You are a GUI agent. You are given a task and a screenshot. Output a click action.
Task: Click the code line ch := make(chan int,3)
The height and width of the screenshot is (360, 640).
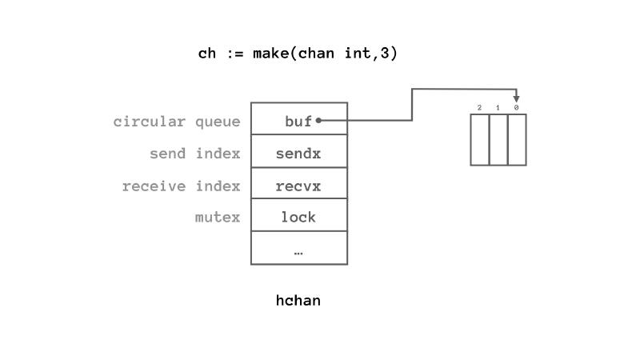pos(298,54)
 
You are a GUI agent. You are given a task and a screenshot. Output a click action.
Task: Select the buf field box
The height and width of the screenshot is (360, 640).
pos(298,121)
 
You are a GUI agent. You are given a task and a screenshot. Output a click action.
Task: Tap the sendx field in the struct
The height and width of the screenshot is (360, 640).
pos(298,153)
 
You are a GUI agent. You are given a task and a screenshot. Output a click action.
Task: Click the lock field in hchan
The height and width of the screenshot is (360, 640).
pos(298,217)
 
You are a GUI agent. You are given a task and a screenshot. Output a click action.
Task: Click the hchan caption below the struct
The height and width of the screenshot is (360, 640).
pos(298,301)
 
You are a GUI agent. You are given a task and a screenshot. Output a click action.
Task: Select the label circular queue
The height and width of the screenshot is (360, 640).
pos(176,122)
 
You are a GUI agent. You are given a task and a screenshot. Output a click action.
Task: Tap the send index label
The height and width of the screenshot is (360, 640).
pos(194,154)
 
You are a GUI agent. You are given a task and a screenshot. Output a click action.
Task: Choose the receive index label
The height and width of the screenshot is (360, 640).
pos(181,186)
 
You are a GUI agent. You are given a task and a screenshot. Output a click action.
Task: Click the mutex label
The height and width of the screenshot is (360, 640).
pos(217,217)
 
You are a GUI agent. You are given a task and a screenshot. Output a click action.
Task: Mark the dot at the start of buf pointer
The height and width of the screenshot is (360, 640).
pos(318,121)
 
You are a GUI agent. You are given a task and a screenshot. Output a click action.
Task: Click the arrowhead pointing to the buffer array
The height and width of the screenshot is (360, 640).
pos(516,98)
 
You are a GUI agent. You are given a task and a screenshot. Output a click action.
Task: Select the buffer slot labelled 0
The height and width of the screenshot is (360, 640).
pos(517,140)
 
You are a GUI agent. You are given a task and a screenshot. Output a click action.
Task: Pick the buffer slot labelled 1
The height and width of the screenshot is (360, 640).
pos(498,140)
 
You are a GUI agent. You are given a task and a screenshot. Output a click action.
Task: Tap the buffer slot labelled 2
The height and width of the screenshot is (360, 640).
pos(480,140)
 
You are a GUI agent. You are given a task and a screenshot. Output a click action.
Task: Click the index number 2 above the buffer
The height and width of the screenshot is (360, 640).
pos(479,107)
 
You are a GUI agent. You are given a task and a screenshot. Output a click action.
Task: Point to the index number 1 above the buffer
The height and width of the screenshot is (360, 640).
pos(498,107)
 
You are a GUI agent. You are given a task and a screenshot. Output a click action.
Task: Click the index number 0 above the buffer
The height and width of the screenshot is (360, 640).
pos(516,107)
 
